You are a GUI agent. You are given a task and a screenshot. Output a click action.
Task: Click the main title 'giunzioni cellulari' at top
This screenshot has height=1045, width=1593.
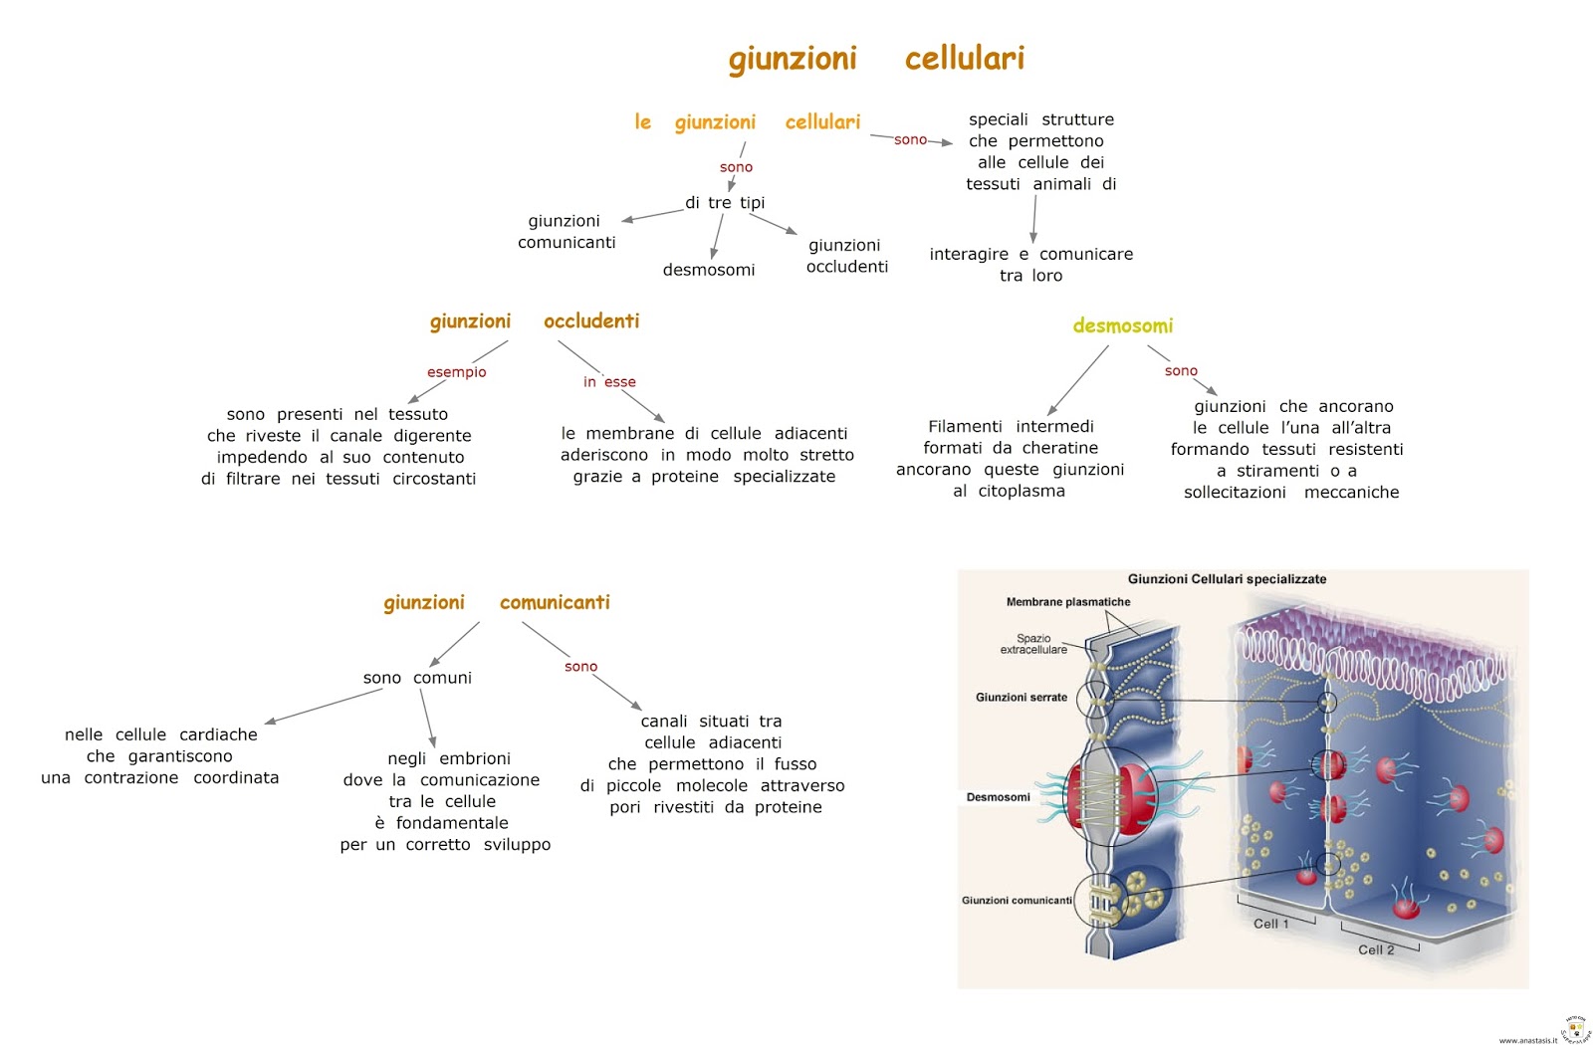(876, 59)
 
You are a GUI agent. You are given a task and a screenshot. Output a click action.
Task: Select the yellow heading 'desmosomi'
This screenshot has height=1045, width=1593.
(1122, 325)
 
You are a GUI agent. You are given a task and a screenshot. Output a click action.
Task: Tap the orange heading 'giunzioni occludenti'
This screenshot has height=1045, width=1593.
(535, 321)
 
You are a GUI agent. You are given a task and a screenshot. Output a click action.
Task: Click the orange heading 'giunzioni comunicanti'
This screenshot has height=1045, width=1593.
(496, 602)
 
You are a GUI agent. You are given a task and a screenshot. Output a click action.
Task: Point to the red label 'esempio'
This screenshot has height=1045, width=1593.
(456, 372)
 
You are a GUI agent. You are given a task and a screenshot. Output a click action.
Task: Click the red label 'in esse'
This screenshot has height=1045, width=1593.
(609, 382)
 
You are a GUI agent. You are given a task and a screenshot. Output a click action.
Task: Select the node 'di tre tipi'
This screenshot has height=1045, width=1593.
(725, 203)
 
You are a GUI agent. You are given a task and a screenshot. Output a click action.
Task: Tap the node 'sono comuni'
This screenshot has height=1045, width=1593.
(417, 678)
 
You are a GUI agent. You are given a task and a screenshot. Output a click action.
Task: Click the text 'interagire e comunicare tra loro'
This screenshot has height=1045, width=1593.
(1030, 265)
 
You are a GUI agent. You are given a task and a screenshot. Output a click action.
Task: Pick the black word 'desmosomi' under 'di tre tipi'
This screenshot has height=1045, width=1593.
(709, 270)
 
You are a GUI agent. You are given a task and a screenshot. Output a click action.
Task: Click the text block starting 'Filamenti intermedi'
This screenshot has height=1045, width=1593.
(1010, 458)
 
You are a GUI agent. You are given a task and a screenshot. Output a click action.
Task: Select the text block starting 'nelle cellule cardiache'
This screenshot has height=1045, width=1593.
(160, 755)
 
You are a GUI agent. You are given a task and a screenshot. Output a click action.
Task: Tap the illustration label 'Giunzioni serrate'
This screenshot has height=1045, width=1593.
(1021, 698)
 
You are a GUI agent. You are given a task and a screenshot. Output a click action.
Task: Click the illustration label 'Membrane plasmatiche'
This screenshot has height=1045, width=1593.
(1067, 602)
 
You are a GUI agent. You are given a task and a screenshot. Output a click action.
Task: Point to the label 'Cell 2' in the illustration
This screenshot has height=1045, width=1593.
(1376, 949)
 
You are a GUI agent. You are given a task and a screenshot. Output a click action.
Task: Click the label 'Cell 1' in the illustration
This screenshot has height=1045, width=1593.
(1270, 924)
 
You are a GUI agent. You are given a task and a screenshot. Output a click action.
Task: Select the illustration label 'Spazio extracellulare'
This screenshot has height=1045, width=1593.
(1033, 644)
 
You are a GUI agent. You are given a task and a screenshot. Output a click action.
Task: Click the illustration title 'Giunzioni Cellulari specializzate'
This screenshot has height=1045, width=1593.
(1227, 579)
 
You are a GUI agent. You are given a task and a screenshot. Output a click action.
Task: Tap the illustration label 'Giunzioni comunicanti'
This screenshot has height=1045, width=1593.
(1017, 901)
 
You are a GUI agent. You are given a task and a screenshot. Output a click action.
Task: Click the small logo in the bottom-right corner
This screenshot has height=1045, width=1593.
(1574, 1028)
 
